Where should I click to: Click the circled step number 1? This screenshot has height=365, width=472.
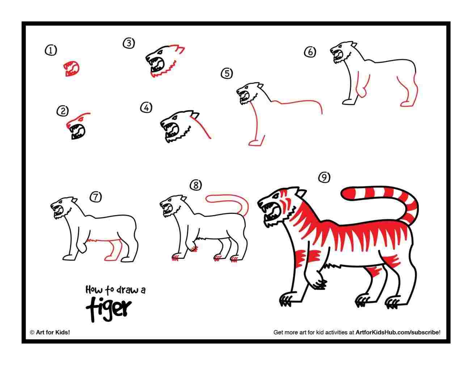[51, 50]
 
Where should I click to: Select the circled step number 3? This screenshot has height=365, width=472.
[128, 43]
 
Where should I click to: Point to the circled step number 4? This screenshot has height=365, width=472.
[146, 108]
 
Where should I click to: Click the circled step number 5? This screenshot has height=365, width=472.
[227, 74]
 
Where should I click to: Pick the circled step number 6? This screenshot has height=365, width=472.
[309, 52]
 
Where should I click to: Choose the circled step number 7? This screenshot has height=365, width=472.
[96, 197]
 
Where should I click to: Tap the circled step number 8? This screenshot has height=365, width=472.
[195, 186]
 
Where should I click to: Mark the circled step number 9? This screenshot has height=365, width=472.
[324, 177]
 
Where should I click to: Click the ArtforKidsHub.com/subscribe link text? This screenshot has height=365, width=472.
[398, 332]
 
